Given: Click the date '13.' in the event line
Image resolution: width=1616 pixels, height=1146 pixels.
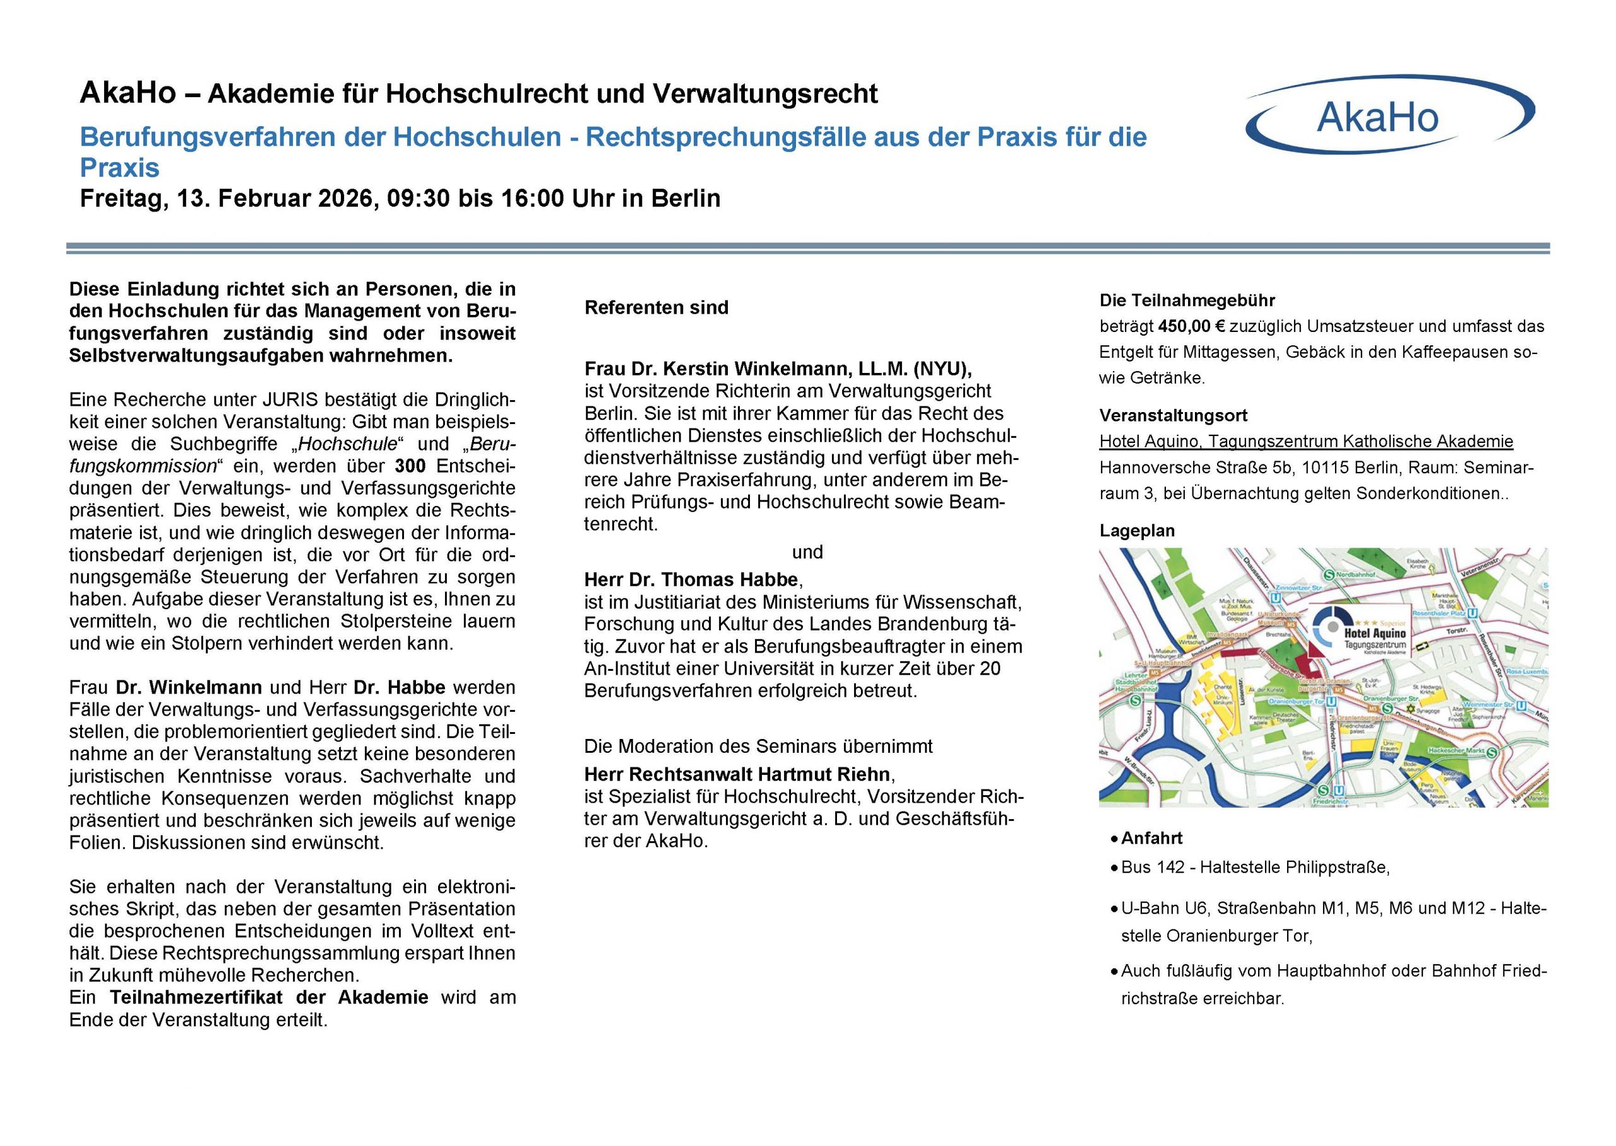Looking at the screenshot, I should point(191,199).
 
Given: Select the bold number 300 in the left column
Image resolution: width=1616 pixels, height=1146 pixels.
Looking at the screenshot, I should point(410,466).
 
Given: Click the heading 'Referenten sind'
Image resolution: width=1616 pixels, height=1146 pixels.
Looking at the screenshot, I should point(656,308).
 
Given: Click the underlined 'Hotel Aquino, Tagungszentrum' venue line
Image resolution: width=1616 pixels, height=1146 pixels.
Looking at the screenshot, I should point(1305,442).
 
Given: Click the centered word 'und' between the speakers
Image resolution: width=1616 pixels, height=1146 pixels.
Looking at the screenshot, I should point(807,552).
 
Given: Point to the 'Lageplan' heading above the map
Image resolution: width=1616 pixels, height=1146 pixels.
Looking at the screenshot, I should point(1137,531).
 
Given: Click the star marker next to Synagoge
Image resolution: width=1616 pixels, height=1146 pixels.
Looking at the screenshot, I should point(1411,708).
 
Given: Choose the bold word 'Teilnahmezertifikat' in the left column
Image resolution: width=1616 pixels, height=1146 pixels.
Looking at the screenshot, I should point(269,997).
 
